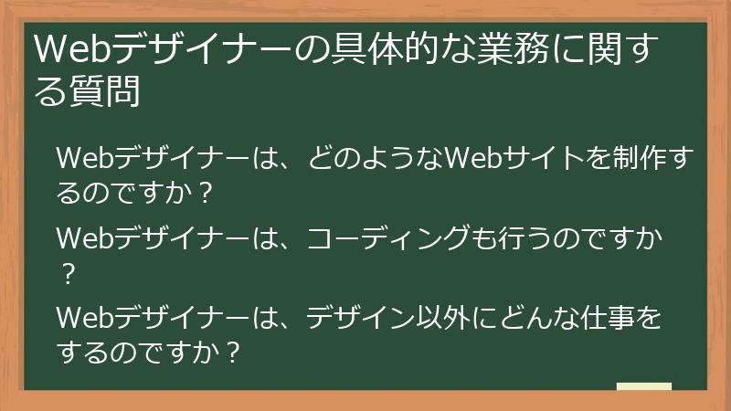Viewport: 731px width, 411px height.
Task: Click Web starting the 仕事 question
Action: click(x=79, y=318)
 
